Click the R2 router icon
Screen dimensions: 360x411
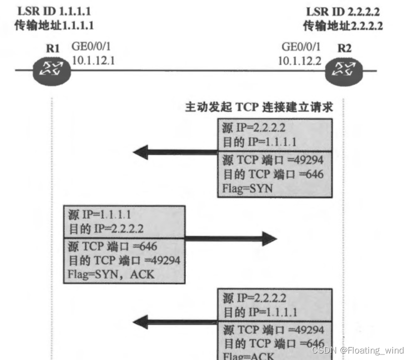coord(343,71)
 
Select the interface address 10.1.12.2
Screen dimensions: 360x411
coord(299,60)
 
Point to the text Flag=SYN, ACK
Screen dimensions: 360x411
coord(110,274)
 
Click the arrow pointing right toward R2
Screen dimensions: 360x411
coord(230,239)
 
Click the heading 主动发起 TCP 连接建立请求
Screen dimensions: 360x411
coord(259,107)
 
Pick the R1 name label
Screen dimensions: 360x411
coord(52,48)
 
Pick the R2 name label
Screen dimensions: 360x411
coord(344,48)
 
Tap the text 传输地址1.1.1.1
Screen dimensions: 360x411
coord(54,25)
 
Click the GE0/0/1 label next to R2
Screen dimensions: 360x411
coord(301,47)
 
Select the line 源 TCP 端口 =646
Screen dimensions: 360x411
coord(112,246)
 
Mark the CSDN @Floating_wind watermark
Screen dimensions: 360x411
coord(357,350)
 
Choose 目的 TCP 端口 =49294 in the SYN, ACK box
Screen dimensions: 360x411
coord(123,260)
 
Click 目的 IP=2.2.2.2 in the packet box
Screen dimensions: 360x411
coord(105,229)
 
